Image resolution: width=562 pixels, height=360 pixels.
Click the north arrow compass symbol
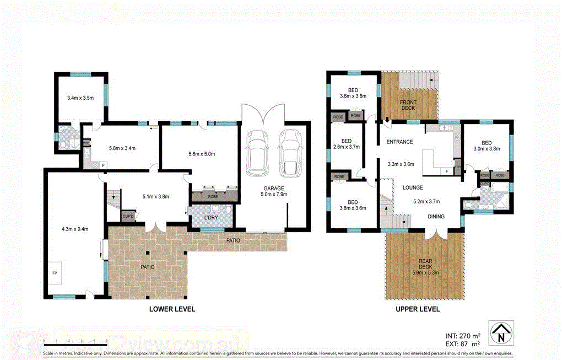[x=500, y=332]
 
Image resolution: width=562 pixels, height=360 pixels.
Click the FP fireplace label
[x=55, y=273]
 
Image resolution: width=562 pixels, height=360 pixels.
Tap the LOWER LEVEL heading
[x=172, y=309]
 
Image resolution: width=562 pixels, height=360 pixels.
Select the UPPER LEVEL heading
[x=418, y=309]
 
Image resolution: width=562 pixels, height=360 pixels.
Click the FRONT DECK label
[x=408, y=104]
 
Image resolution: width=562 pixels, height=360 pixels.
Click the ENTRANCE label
[x=399, y=142]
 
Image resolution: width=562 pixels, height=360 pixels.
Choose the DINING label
[x=436, y=217]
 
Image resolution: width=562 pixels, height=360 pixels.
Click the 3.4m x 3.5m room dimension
[x=80, y=98]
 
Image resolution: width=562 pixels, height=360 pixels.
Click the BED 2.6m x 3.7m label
[x=346, y=144]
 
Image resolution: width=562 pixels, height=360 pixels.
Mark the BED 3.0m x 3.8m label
[x=487, y=144]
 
